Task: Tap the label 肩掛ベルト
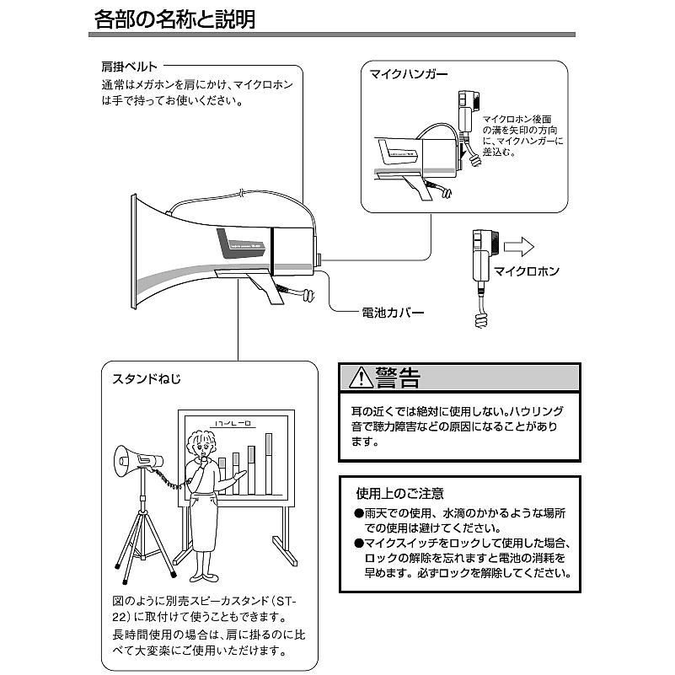(x=128, y=66)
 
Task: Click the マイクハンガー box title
(x=409, y=74)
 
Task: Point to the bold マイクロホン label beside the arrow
(x=527, y=272)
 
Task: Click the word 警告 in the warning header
(x=399, y=377)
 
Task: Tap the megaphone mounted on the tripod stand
(x=140, y=460)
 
